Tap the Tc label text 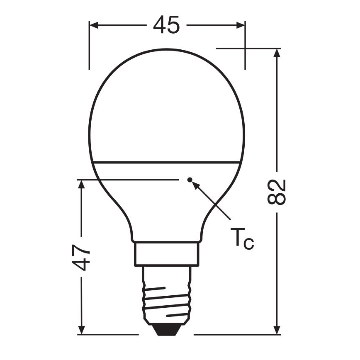click(242, 240)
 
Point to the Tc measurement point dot click(190, 180)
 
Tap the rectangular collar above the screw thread click(166, 254)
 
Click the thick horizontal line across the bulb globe click(166, 161)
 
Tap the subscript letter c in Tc click(248, 244)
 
